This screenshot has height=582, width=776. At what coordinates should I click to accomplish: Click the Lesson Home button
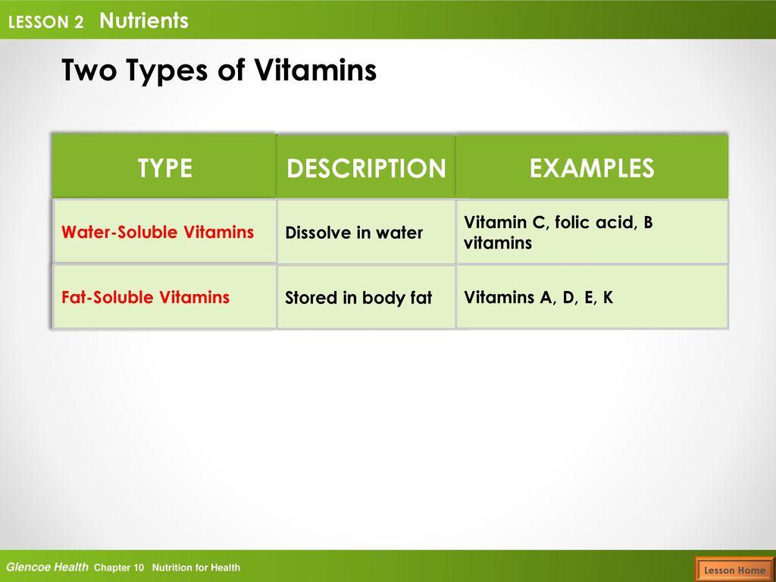pyautogui.click(x=734, y=570)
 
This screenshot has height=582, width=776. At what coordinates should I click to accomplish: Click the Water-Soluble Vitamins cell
pyautogui.click(x=164, y=231)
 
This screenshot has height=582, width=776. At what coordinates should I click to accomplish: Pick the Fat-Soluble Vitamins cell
pyautogui.click(x=164, y=296)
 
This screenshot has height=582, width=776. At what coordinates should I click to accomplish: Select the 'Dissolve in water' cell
pyautogui.click(x=366, y=231)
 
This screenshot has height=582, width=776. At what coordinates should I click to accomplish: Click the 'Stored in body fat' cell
pyautogui.click(x=366, y=296)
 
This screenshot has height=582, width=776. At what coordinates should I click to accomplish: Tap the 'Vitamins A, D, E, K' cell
pyautogui.click(x=592, y=296)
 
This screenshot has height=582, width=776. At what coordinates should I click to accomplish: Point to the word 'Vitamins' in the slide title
pyautogui.click(x=316, y=70)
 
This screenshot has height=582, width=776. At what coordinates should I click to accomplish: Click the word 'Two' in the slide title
pyautogui.click(x=89, y=70)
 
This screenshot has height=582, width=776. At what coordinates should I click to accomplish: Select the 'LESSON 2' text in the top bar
pyautogui.click(x=45, y=22)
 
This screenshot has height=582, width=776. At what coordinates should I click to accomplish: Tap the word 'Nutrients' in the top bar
pyautogui.click(x=144, y=20)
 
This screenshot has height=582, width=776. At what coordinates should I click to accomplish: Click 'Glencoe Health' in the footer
pyautogui.click(x=47, y=567)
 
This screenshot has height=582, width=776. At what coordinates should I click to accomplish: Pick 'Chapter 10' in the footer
pyautogui.click(x=119, y=568)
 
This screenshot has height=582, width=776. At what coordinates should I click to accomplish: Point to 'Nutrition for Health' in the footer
pyautogui.click(x=196, y=568)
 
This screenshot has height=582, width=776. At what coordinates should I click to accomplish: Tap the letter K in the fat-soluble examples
pyautogui.click(x=608, y=297)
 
